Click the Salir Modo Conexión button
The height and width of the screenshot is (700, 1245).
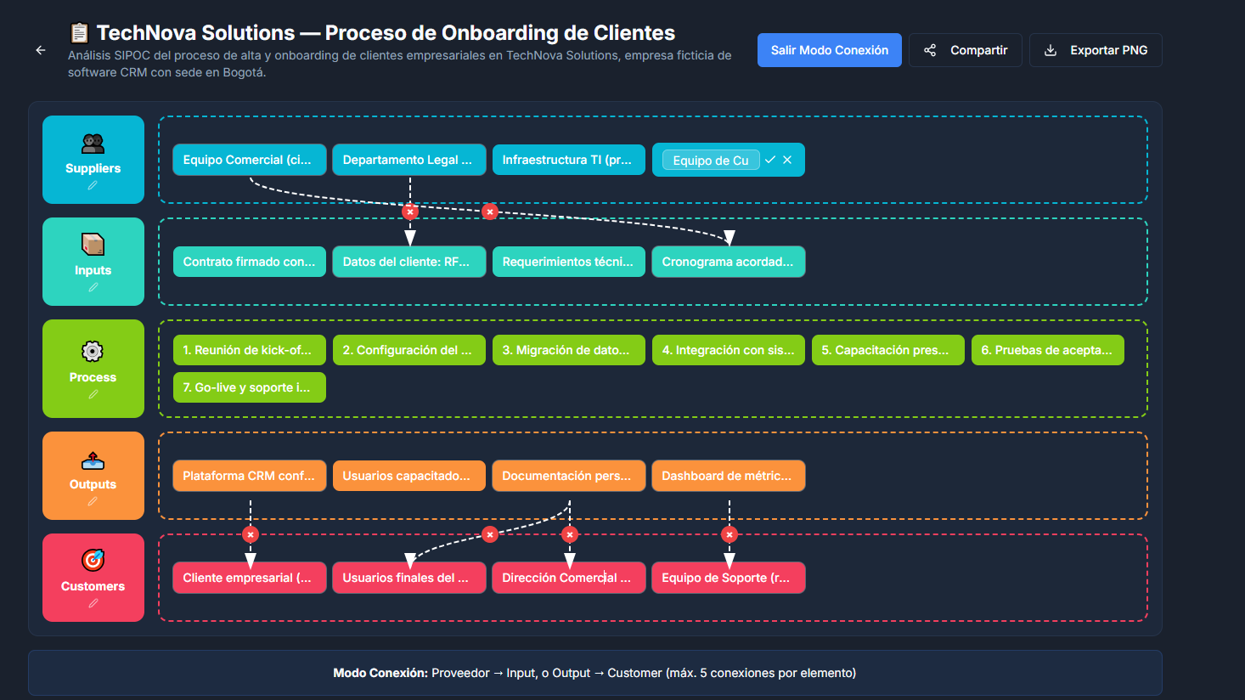(829, 50)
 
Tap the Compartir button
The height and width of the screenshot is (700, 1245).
(966, 50)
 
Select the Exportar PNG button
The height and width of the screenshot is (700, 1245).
(1096, 50)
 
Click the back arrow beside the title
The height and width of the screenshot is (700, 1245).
(41, 50)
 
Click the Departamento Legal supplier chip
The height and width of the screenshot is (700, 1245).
(409, 160)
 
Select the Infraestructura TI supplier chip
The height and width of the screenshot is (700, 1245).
(569, 160)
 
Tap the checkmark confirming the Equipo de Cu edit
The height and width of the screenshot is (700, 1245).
(769, 160)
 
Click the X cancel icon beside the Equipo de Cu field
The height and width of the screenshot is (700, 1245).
(787, 160)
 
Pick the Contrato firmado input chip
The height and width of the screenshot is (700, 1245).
(250, 262)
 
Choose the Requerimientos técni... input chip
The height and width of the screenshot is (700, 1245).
(569, 262)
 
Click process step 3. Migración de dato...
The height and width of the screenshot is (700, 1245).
(569, 350)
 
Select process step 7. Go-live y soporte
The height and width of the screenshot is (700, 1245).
(250, 387)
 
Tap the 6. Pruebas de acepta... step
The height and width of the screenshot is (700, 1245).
(1048, 350)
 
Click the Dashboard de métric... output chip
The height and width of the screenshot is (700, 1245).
(728, 476)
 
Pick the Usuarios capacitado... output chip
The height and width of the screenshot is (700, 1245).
(409, 476)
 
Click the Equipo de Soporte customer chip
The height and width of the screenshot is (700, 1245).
(728, 578)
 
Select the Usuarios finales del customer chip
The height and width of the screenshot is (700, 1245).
(409, 578)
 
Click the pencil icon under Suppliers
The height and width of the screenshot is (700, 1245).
(93, 186)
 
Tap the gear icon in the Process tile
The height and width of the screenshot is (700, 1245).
(93, 352)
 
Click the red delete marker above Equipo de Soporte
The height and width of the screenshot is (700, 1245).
(730, 535)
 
